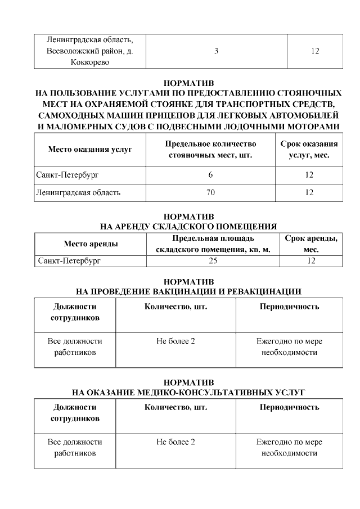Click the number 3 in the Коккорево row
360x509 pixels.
coord(217,51)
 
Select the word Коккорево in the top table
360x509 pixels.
coord(91,62)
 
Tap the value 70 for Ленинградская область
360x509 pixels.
coord(211,193)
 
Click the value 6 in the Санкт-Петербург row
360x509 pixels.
coord(210,175)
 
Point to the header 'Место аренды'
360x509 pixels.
coord(91,244)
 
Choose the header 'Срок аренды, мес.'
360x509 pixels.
coord(311,244)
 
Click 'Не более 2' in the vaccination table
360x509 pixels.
coord(175,341)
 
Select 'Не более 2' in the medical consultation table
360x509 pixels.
coord(175,442)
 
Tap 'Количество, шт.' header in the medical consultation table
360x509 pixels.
coord(175,407)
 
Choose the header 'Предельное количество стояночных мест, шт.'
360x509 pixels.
coord(210,150)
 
